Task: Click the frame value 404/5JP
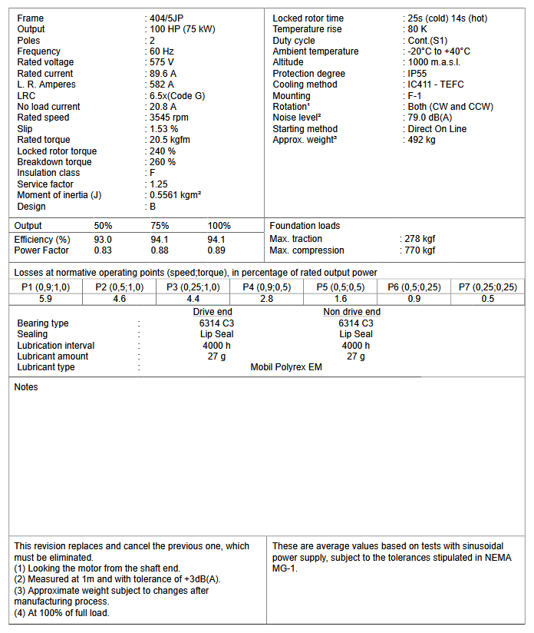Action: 169,18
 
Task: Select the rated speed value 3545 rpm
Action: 170,118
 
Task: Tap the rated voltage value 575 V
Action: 163,63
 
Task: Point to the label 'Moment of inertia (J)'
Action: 59,196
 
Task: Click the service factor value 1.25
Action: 160,184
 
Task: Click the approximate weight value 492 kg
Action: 423,141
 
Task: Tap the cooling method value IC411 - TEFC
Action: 437,85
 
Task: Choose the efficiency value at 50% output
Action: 103,240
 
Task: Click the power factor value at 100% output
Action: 216,250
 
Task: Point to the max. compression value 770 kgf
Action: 420,250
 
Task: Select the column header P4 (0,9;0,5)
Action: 266,287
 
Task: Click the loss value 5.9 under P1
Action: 45,299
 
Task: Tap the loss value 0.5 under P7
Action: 488,299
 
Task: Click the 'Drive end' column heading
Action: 213,312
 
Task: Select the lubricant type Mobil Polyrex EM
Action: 286,368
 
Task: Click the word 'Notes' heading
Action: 26,387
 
